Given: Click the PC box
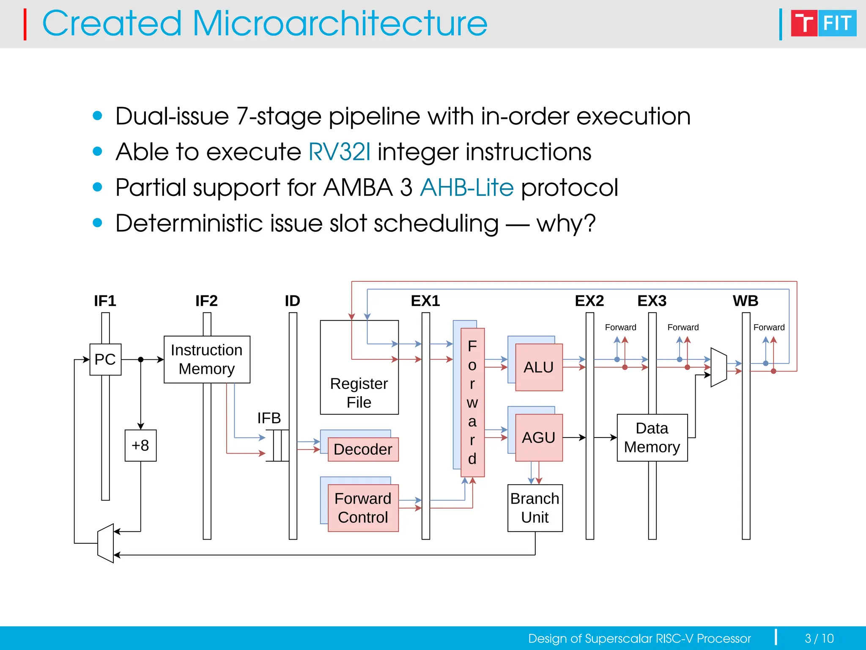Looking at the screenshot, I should (x=105, y=359).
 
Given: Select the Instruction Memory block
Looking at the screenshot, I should (x=207, y=359).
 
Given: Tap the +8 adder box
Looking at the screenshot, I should (x=140, y=445).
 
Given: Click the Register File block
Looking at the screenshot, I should (x=359, y=367).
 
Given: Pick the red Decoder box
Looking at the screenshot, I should (x=363, y=449).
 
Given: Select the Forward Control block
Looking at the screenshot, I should (x=363, y=508).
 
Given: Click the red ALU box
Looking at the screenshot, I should (x=539, y=367).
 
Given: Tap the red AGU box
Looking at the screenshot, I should (x=539, y=438).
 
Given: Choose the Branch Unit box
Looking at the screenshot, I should (x=535, y=508).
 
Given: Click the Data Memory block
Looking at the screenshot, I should (x=652, y=438).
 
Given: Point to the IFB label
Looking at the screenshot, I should (x=269, y=418).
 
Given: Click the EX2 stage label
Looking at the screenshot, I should (x=589, y=301).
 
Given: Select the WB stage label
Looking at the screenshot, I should (x=745, y=301).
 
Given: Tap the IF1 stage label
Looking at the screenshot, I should (x=105, y=301).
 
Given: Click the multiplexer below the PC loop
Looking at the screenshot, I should (x=106, y=543).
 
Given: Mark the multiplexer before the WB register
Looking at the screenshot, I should (x=718, y=367).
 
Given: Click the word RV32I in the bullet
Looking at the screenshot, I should (x=340, y=151).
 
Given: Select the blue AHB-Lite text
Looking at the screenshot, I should (x=467, y=187).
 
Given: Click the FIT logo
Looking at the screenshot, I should (x=823, y=23).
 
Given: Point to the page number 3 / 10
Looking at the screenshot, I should (x=819, y=638).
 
